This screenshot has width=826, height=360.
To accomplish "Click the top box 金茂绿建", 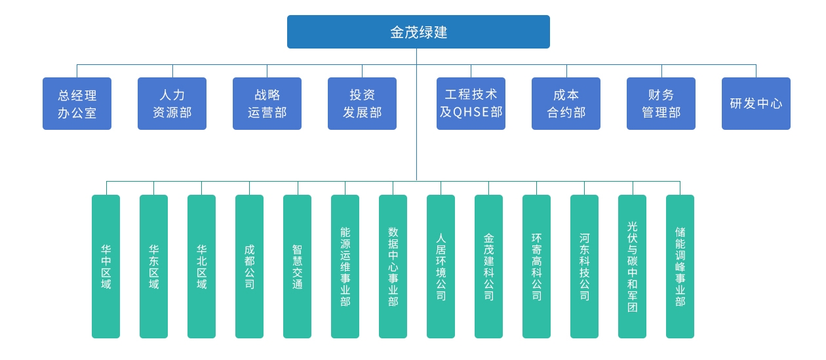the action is tap(418, 31).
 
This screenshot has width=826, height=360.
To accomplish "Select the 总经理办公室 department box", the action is tap(77, 104).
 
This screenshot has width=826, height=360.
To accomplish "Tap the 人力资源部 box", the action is tap(172, 104).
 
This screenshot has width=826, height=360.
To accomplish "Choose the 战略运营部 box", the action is tap(267, 104).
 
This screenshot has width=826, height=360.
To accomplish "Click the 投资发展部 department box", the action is tap(362, 104).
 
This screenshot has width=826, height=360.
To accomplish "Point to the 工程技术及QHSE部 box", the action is tap(471, 104).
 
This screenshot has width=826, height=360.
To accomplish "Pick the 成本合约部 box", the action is tap(566, 104).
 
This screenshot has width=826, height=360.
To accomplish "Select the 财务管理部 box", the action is tap(661, 104).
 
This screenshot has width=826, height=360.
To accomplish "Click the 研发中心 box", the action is tap(756, 104).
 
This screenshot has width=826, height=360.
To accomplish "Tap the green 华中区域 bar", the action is tap(106, 266).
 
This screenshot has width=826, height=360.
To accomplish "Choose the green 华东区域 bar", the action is tap(154, 266).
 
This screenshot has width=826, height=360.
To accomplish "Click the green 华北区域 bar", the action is tap(201, 266).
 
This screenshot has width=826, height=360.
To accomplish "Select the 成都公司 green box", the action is tap(249, 266).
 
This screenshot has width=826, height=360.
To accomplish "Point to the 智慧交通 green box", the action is tap(297, 266).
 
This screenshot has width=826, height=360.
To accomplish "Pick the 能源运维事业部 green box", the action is tap(345, 266).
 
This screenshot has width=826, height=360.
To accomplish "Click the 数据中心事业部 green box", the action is tap(393, 266).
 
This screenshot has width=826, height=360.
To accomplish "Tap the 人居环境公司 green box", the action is tap(441, 266).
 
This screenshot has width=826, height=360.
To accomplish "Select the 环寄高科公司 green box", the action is tap(536, 266).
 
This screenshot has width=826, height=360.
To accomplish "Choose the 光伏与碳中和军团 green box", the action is tap(632, 266).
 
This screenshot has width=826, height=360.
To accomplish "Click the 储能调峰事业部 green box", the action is tap(680, 266).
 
